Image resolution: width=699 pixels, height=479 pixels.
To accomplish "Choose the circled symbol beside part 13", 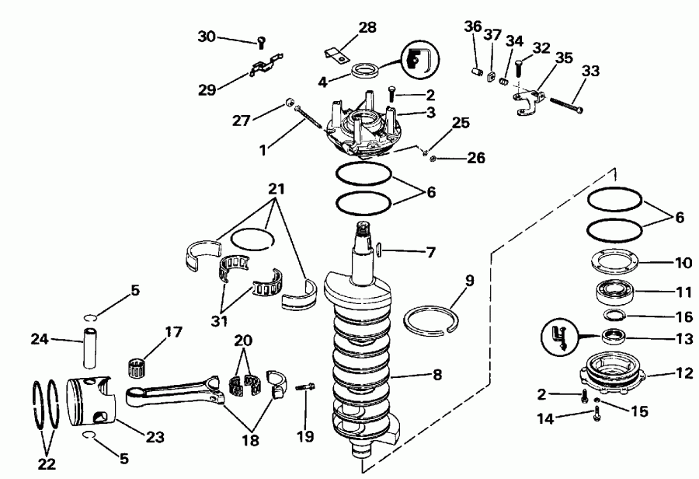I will pos(557,337).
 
